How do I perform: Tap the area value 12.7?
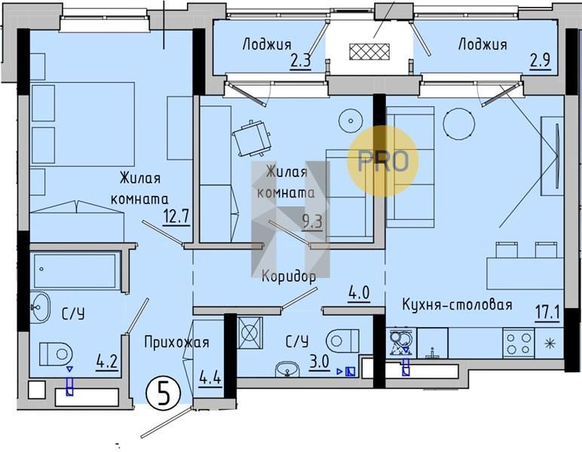176,216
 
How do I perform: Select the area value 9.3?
312,222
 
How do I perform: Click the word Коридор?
289,276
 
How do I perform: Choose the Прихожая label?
176,342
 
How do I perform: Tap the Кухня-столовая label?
458,305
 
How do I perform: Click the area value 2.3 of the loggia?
300,61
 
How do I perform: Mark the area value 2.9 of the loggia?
540,60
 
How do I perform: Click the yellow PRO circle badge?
383,161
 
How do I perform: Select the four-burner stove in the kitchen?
518,343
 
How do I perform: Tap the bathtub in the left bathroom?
75,271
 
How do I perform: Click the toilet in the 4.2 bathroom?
56,354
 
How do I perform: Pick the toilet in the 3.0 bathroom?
342,341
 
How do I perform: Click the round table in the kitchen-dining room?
459,124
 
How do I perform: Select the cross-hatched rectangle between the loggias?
369,51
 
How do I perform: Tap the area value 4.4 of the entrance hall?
210,379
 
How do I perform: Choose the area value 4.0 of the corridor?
359,294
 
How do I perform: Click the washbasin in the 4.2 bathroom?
40,307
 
